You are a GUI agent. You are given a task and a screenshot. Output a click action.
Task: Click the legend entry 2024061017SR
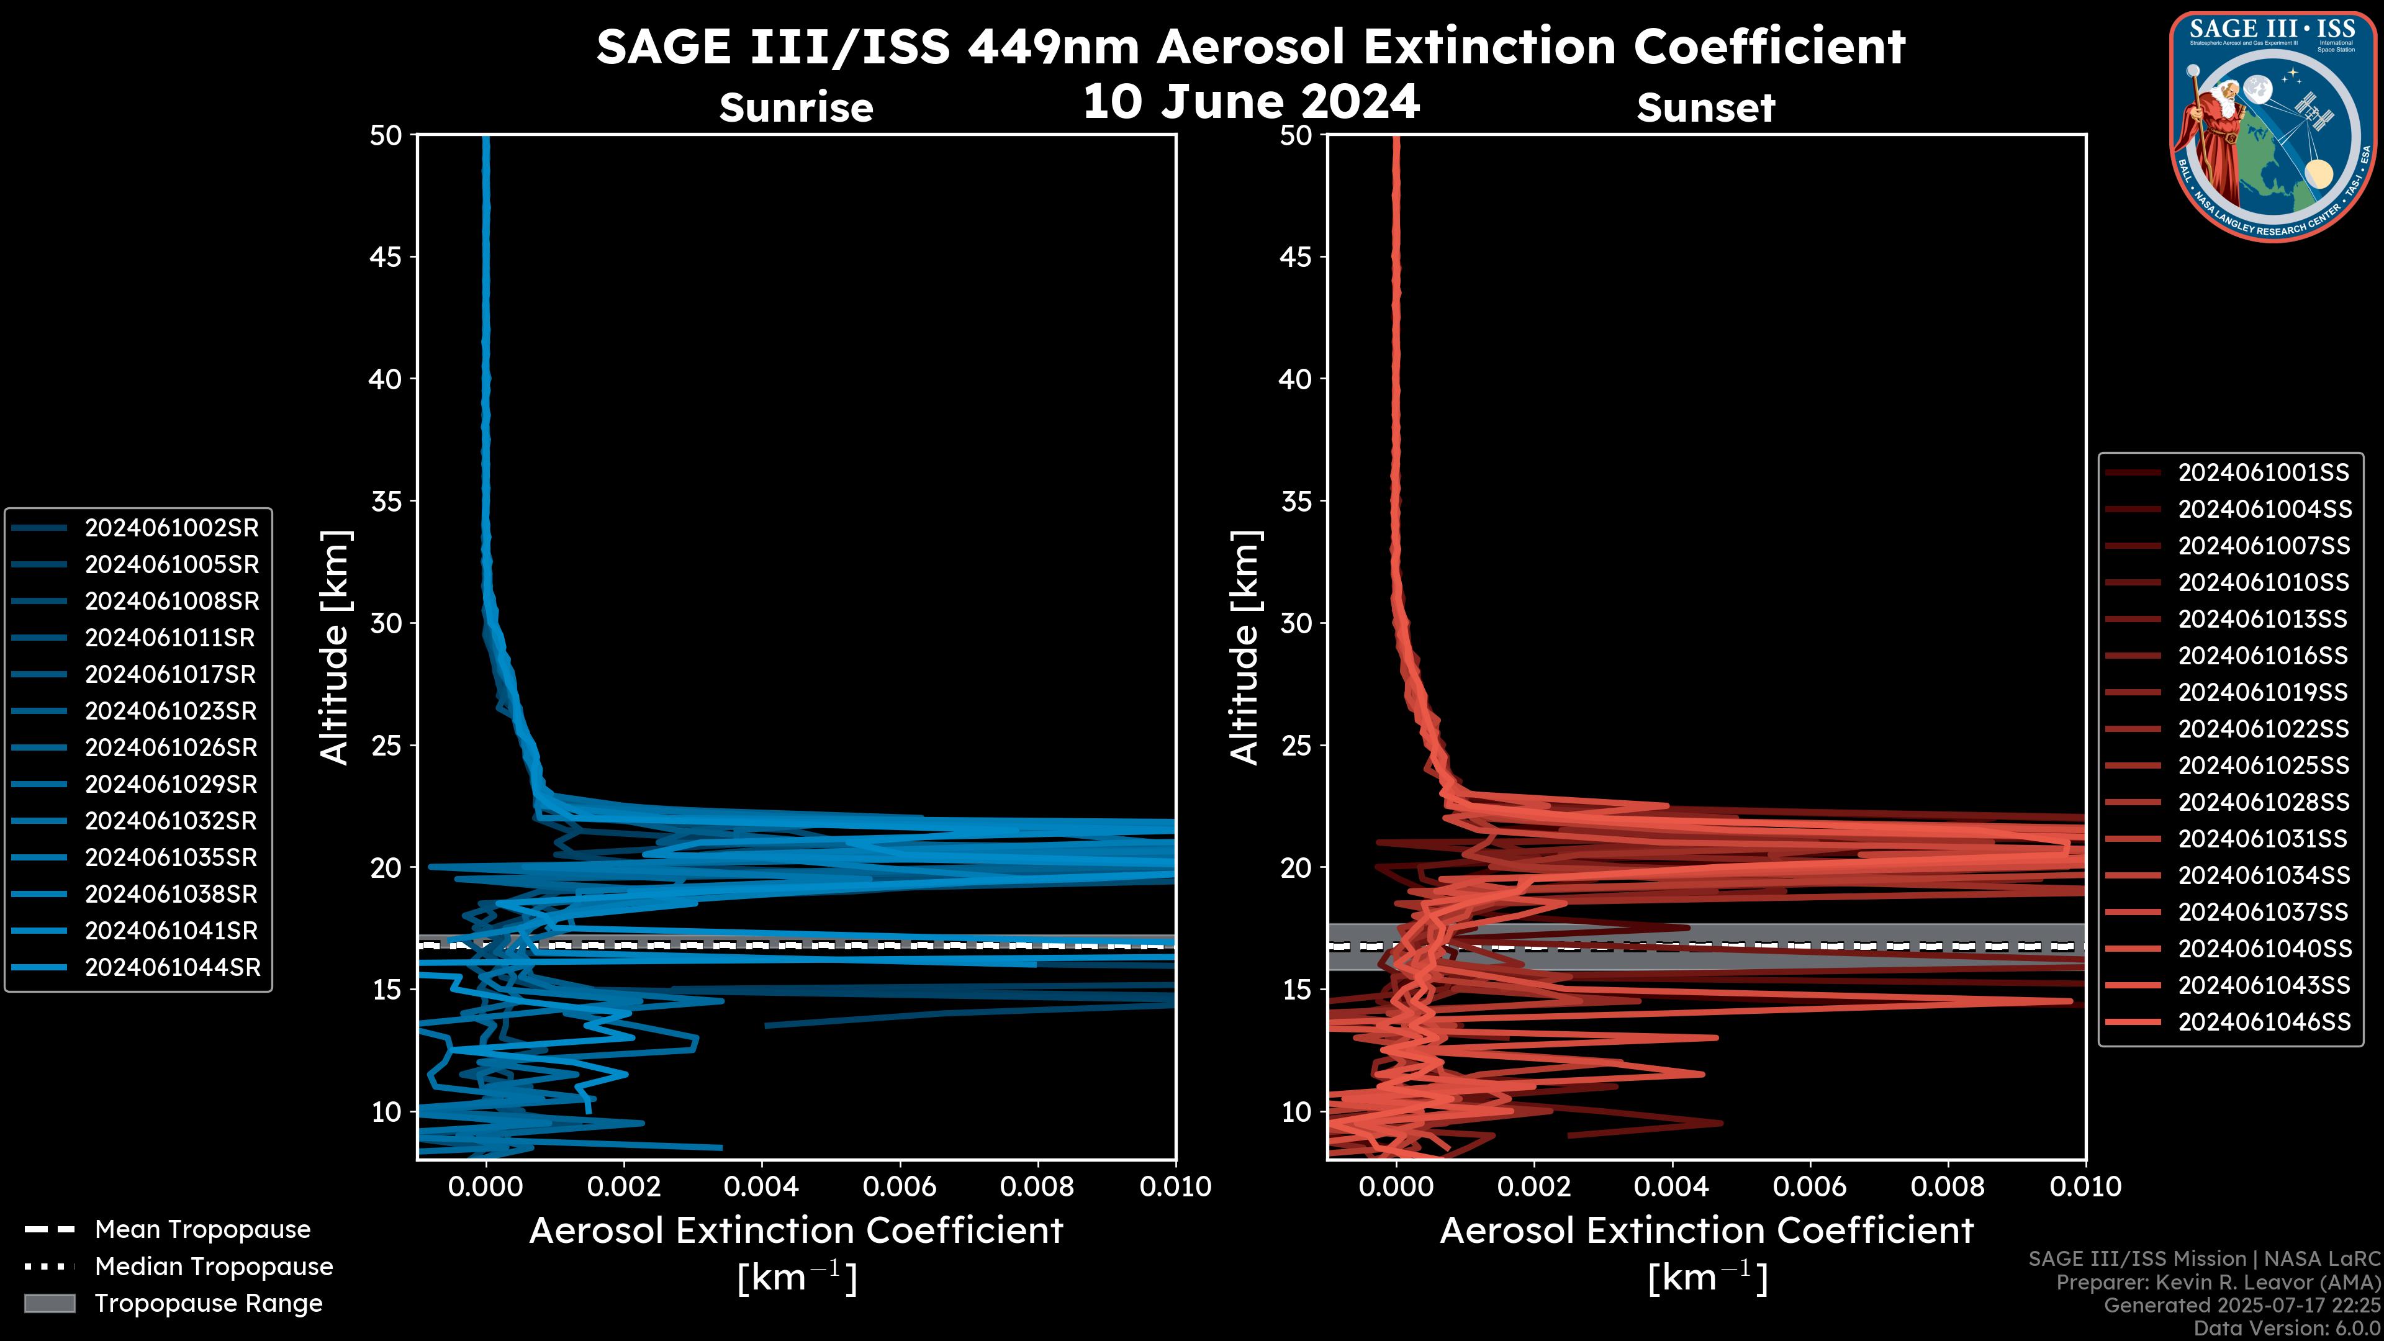[170, 675]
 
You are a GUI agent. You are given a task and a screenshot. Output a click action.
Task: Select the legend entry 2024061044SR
[172, 967]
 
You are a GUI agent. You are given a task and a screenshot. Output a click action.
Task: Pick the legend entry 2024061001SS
[2263, 473]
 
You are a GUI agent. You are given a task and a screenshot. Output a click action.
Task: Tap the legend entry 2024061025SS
[2263, 765]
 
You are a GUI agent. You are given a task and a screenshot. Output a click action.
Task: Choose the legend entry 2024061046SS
[2263, 1022]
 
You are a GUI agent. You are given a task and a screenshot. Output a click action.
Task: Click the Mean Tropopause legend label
[202, 1229]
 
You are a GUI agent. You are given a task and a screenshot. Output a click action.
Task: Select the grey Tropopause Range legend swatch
[49, 1303]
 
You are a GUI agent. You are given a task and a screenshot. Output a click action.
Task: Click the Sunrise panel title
[796, 107]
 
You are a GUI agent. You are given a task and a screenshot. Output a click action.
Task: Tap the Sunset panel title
[1705, 107]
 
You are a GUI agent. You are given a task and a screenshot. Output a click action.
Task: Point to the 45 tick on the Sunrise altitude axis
[386, 256]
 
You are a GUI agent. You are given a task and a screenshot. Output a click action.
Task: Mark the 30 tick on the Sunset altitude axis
[1296, 623]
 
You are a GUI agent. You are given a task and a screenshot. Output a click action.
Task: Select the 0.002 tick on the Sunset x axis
[1533, 1186]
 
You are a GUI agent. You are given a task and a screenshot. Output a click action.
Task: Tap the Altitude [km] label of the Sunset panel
[1245, 648]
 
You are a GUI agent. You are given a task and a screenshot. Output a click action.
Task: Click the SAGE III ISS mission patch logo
[2273, 126]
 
